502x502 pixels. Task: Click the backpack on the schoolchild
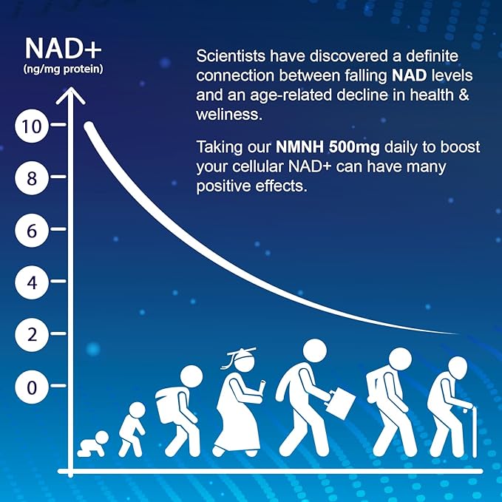[168, 405]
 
